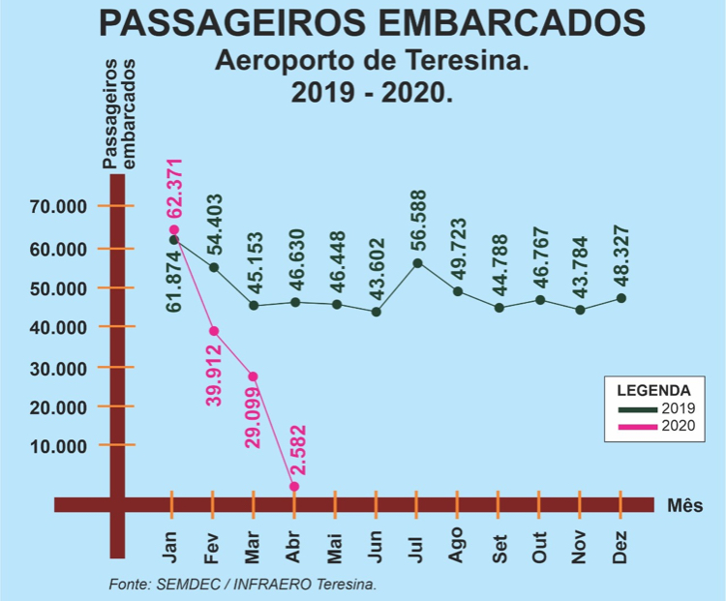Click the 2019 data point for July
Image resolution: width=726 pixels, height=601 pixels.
tap(417, 262)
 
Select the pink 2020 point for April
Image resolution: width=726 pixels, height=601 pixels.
tap(294, 486)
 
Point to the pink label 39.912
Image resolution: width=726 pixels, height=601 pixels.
tap(214, 373)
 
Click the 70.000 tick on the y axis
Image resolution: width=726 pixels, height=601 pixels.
tap(59, 206)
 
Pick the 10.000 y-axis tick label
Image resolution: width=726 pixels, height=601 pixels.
tap(59, 446)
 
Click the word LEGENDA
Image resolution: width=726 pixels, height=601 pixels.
tap(653, 390)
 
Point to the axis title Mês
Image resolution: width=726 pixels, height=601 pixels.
tap(684, 505)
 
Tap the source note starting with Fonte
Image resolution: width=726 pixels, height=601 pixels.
tap(242, 585)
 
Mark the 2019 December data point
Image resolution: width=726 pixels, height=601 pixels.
tap(620, 298)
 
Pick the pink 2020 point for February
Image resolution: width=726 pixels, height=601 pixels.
tap(214, 331)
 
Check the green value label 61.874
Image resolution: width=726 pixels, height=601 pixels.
tap(174, 281)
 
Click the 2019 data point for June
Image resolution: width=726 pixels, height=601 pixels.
tap(377, 312)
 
